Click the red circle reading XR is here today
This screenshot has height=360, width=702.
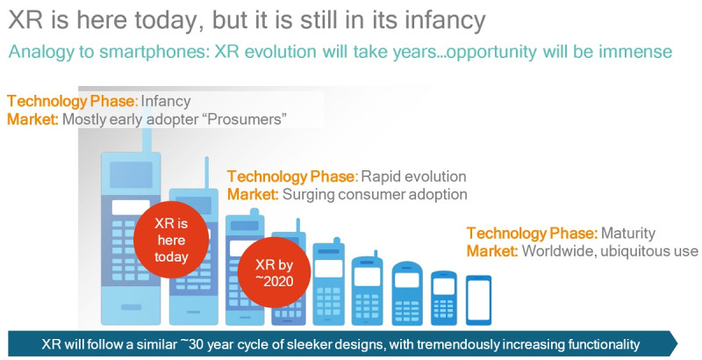pyautogui.click(x=171, y=240)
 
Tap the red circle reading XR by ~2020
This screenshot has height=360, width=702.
pyautogui.click(x=274, y=273)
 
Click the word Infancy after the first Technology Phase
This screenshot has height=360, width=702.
pyautogui.click(x=166, y=101)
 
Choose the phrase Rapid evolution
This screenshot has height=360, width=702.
pyautogui.click(x=413, y=176)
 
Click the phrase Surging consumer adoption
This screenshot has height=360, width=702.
pyautogui.click(x=375, y=194)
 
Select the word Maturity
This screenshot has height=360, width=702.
pyautogui.click(x=627, y=234)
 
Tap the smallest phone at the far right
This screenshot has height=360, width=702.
pyautogui.click(x=478, y=300)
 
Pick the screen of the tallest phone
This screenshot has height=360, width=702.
pyautogui.click(x=131, y=175)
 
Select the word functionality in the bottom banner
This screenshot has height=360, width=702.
pyautogui.click(x=604, y=345)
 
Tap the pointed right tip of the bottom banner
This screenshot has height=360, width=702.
pyautogui.click(x=677, y=344)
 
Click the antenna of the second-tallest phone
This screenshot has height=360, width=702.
pyautogui.click(x=207, y=172)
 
